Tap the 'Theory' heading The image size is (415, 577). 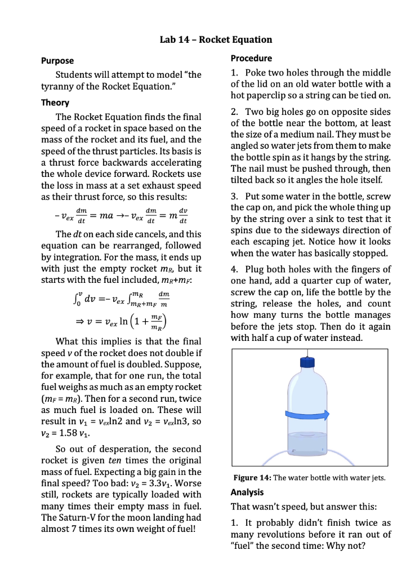[55, 103]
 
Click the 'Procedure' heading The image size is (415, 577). [252, 58]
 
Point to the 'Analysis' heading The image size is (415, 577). [249, 492]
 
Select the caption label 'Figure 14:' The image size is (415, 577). [252, 478]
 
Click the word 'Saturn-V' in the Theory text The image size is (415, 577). [76, 518]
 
